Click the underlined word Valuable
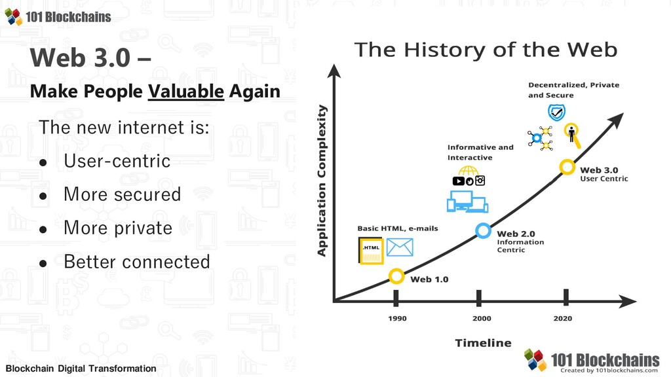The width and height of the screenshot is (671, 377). coord(185,92)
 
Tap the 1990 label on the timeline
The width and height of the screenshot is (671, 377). coord(397,319)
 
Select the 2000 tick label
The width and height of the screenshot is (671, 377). coord(482,319)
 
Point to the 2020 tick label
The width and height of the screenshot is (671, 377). coord(562,319)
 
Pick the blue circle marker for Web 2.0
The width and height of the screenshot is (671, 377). coord(476,231)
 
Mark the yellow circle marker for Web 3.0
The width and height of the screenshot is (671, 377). coord(560,167)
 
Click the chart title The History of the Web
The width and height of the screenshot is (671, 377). coord(486,50)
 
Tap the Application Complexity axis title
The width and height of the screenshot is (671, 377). coord(321,181)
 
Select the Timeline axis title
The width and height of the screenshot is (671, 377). coord(483,343)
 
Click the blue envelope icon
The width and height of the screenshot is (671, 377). coord(400,247)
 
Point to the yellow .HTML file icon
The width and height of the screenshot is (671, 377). coord(371,251)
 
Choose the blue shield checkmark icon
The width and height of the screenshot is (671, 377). coord(556,113)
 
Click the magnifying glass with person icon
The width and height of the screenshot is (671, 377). coord(572,135)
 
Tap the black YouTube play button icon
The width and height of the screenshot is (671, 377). coord(458,181)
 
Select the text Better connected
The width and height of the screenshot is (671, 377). coord(137,262)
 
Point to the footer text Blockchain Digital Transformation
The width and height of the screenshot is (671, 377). coord(81,368)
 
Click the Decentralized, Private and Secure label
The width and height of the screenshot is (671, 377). coord(573,90)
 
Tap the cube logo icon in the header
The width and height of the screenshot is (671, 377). coord(13,16)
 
